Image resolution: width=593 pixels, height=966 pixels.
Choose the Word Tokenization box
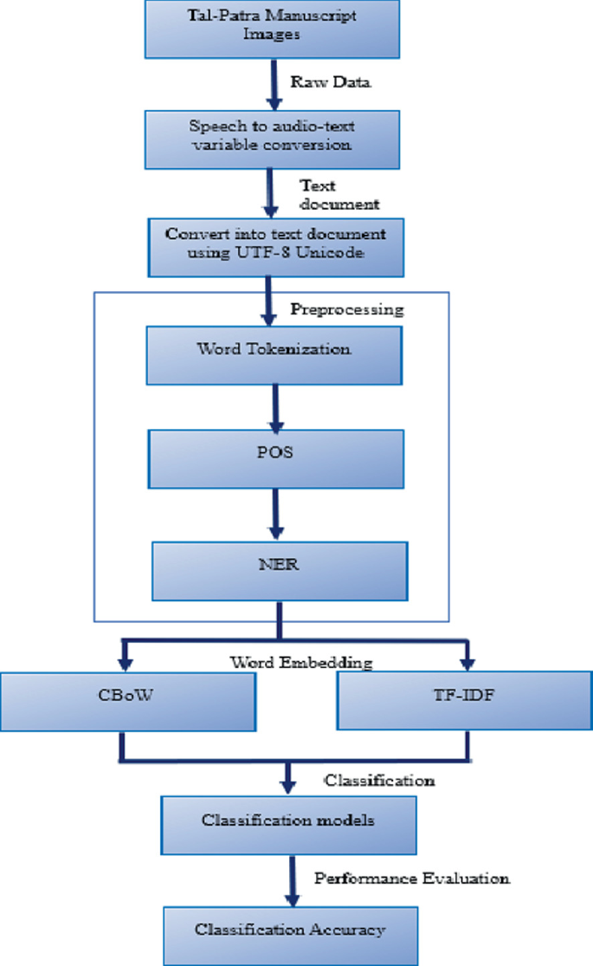pos(275,353)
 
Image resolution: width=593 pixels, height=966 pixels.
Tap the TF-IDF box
pos(464,700)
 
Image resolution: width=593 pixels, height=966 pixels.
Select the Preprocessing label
pos(346,308)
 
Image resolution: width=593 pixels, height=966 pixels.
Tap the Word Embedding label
pos(300,662)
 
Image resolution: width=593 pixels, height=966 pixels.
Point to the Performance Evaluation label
pos(411,878)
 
